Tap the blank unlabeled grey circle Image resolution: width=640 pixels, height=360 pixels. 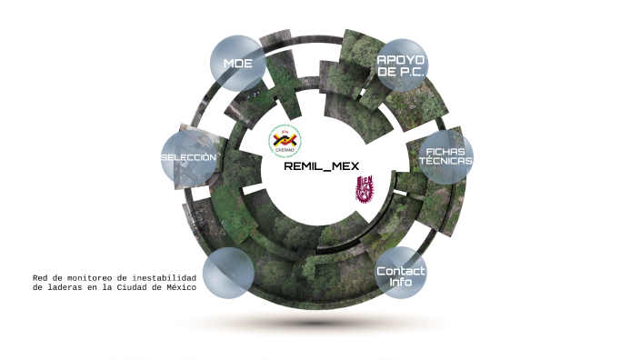click(x=227, y=273)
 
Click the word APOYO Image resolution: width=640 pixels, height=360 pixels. click(x=402, y=59)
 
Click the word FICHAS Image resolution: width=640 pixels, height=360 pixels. click(x=445, y=149)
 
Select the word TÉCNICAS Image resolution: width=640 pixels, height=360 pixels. click(x=445, y=160)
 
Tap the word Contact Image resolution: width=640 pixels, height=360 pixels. click(x=401, y=271)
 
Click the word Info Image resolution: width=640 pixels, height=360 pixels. click(x=401, y=282)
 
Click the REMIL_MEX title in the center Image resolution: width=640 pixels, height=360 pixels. click(x=322, y=166)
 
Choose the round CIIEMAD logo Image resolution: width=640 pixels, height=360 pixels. click(x=285, y=141)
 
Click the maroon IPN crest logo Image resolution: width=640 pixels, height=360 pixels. click(x=364, y=191)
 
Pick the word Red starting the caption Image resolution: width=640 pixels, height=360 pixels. click(x=41, y=277)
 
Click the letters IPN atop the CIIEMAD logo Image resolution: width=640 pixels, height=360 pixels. click(x=285, y=132)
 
